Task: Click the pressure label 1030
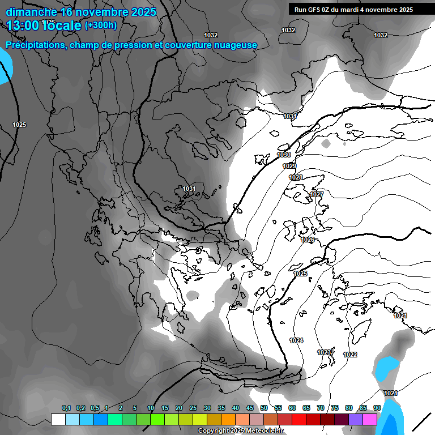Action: pos(284,155)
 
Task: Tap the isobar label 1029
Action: pos(289,166)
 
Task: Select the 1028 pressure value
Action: pos(296,177)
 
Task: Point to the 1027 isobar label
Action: pos(317,194)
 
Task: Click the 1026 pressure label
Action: pos(308,240)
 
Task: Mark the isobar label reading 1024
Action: pos(296,340)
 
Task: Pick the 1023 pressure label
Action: pos(324,352)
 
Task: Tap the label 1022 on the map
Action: pos(350,355)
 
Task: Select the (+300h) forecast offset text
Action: pos(100,25)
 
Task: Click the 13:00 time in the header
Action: pos(23,25)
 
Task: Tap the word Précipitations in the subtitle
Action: pos(35,45)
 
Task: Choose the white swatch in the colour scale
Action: pos(58,419)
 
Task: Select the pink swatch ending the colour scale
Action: pos(370,419)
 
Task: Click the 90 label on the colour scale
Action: pos(377,408)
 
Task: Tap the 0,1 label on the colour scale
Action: pos(66,408)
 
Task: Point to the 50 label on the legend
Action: pos(264,408)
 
